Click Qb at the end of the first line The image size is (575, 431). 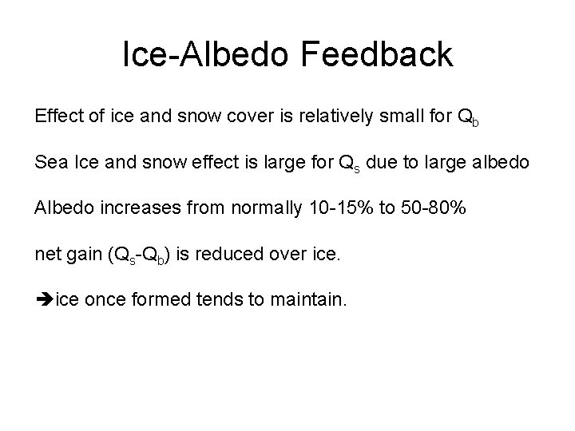[x=468, y=119]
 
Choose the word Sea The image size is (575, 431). [x=49, y=164]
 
